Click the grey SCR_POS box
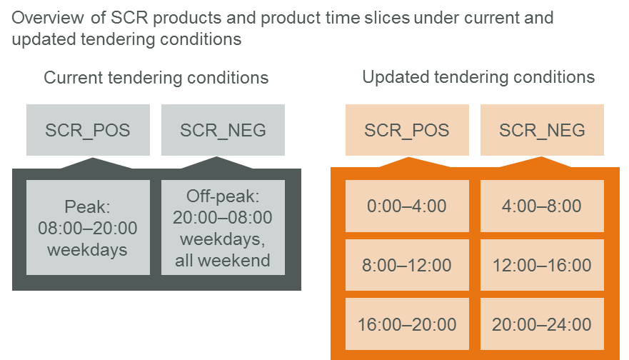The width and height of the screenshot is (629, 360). [89, 130]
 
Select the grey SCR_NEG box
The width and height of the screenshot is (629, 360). [223, 130]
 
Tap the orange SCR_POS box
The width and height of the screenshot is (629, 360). [407, 130]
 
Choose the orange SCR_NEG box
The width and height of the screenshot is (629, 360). [542, 130]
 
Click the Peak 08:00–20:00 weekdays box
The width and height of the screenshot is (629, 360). [89, 228]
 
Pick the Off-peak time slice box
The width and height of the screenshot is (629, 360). [223, 228]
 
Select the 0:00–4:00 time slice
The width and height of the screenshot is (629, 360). [407, 206]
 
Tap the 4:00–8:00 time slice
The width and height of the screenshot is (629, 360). [542, 206]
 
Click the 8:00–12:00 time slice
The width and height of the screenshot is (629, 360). [407, 265]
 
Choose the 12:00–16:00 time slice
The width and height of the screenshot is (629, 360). [542, 265]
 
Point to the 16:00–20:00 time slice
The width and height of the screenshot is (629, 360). [407, 324]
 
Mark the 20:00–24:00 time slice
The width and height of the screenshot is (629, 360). [542, 324]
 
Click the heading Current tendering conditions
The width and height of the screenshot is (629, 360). [156, 78]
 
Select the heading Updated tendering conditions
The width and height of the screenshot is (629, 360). [478, 77]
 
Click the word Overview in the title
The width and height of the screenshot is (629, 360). [48, 18]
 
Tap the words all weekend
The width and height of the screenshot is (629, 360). [223, 261]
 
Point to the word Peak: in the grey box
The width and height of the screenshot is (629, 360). [87, 206]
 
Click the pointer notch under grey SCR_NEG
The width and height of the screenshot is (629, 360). [216, 163]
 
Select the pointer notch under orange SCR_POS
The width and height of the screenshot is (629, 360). [408, 162]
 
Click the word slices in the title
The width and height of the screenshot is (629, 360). [387, 18]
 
